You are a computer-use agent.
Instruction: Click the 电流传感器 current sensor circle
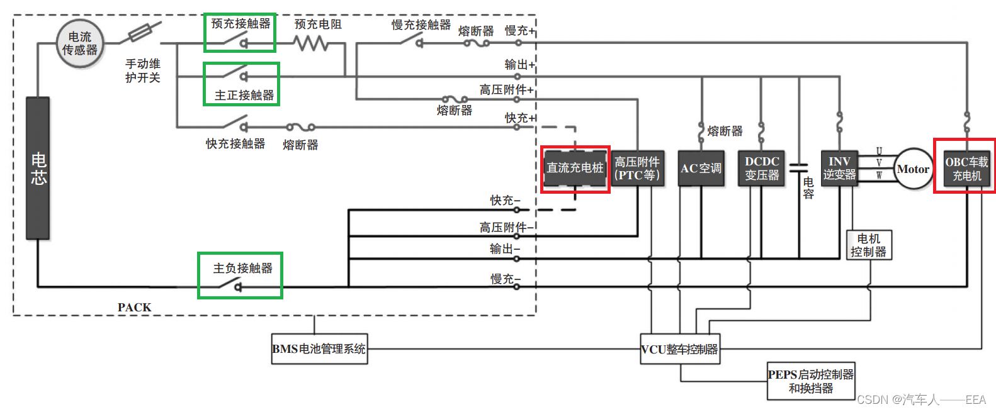click(x=79, y=43)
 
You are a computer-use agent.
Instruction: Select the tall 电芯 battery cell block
click(x=38, y=168)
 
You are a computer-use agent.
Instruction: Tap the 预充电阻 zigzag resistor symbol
click(x=311, y=43)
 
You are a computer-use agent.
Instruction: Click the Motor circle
click(x=912, y=169)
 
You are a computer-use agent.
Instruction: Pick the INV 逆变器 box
click(x=839, y=169)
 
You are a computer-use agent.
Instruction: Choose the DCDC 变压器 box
click(x=762, y=169)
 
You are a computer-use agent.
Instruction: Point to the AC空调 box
click(x=701, y=169)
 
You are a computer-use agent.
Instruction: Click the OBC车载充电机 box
click(x=966, y=169)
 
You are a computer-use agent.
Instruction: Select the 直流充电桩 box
click(x=575, y=168)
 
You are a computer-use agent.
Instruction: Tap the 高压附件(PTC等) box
click(x=637, y=169)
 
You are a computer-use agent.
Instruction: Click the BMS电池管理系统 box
click(x=319, y=349)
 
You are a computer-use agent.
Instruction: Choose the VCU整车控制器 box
click(x=680, y=349)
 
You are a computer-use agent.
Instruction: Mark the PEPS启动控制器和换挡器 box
click(x=811, y=381)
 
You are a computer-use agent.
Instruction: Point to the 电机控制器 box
click(x=869, y=245)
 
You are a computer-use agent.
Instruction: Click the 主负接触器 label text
click(x=242, y=268)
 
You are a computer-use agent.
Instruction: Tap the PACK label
click(x=134, y=308)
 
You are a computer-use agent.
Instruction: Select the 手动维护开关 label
click(x=143, y=70)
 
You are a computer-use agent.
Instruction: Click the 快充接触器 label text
click(x=235, y=143)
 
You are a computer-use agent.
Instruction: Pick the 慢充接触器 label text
click(x=421, y=25)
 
